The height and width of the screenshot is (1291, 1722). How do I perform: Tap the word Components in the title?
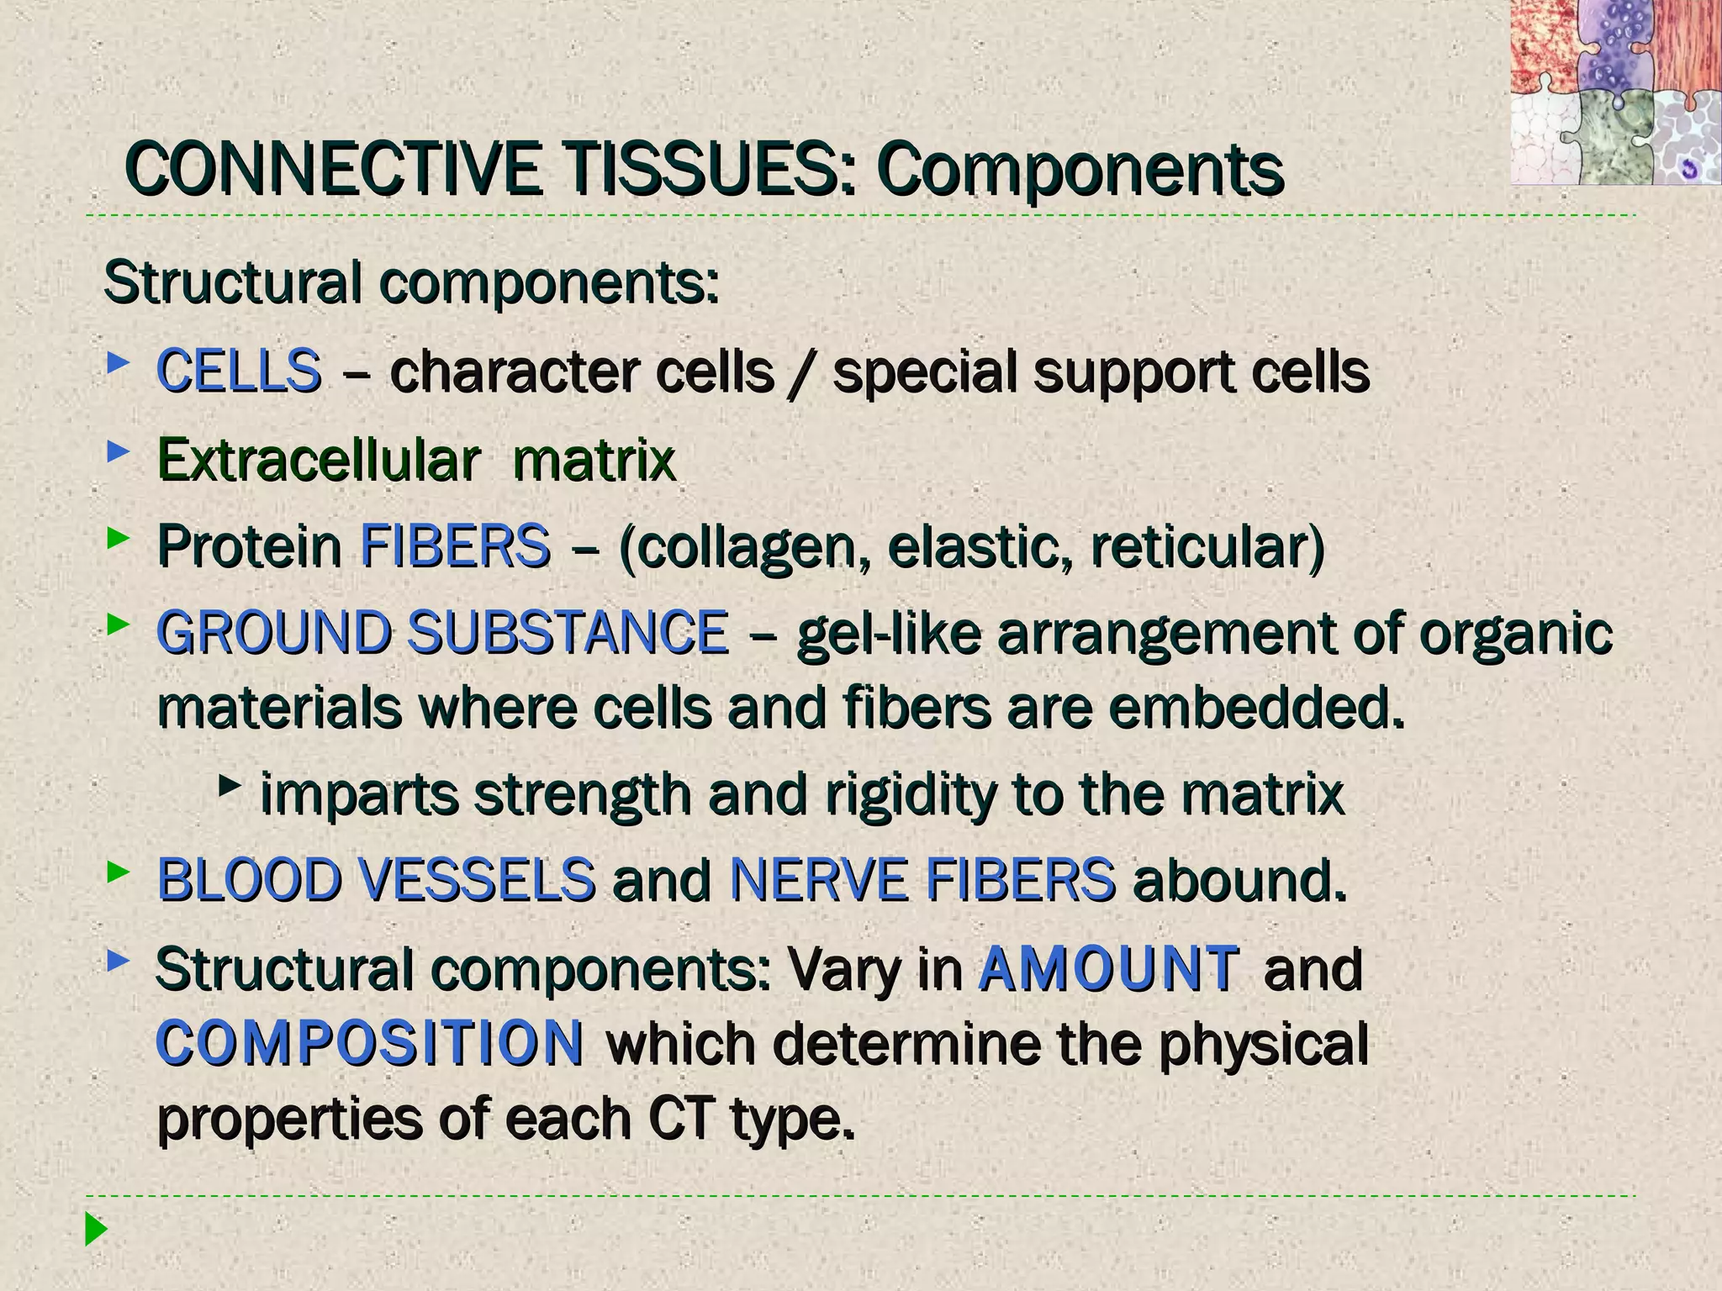click(1080, 171)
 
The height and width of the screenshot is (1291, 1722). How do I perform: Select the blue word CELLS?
click(239, 371)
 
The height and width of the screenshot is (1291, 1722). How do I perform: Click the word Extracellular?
click(319, 460)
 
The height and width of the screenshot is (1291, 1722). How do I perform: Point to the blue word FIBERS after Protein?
click(455, 546)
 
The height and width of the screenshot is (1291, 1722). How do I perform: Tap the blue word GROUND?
click(274, 632)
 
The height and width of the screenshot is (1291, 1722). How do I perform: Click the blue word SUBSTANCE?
click(568, 632)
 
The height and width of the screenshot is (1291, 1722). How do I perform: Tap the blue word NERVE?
click(819, 880)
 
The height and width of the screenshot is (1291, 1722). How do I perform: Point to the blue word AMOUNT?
click(1108, 969)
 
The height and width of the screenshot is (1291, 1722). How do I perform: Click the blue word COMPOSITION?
click(370, 1043)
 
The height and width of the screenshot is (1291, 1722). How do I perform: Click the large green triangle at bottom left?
click(96, 1230)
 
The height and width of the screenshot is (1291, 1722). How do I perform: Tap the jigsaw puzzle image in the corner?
click(1614, 92)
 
